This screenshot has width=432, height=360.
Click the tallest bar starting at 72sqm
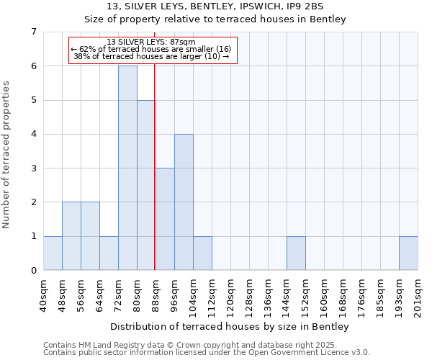[x=127, y=168]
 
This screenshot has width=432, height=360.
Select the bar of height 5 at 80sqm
[x=146, y=185]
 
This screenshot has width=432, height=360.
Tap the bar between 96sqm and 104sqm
[x=184, y=202]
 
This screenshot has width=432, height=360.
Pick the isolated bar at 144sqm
[x=296, y=253]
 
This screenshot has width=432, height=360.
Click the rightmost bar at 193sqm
[x=408, y=253]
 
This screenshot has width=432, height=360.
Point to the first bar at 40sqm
[x=53, y=253]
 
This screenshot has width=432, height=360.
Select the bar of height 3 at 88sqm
[x=165, y=219]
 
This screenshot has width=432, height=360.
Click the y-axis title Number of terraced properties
[x=7, y=155]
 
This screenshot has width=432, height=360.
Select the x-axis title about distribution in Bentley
[x=230, y=327]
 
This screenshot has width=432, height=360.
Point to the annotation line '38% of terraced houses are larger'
[x=152, y=56]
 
